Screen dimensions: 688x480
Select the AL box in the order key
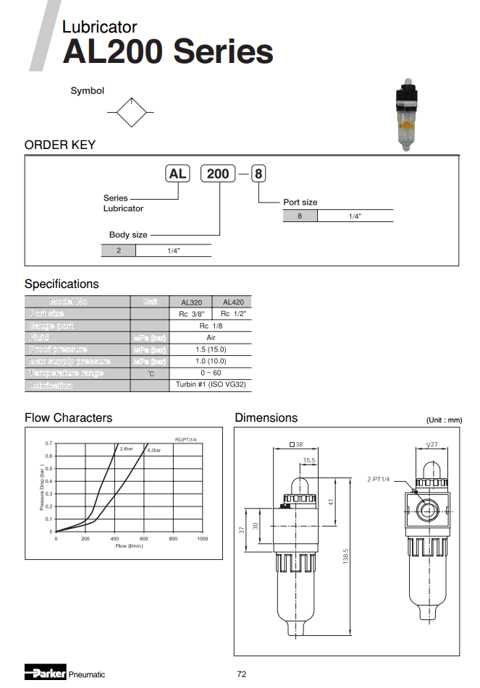point(177,174)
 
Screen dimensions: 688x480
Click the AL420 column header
point(232,302)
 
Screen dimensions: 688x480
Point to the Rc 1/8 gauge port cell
point(211,326)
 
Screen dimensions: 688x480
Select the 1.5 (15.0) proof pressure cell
point(211,349)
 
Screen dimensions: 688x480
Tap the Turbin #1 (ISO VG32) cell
point(211,385)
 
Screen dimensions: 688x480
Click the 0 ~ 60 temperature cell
point(211,373)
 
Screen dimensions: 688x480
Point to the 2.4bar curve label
point(126,449)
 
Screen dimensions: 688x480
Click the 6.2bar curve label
point(154,450)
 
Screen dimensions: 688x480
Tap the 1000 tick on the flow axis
point(202,539)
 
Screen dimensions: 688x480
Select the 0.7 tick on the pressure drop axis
point(49,443)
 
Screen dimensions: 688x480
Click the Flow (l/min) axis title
point(130,546)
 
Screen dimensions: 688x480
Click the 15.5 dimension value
point(309,460)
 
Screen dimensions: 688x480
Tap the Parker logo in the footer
point(45,673)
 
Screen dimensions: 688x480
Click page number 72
point(242,674)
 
